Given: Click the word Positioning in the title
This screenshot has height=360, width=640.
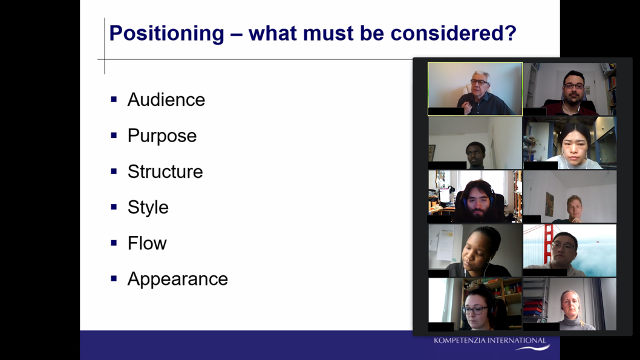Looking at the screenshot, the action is click(166, 33).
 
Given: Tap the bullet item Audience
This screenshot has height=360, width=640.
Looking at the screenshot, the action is click(166, 100).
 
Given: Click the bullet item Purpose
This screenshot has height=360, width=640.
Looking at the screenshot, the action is click(162, 136).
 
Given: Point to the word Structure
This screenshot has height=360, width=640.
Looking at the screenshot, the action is click(165, 171).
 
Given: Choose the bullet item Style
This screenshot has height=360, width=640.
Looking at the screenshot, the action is click(148, 208).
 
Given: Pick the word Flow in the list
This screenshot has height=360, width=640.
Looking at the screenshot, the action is click(147, 243).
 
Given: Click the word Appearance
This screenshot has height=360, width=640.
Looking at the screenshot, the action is click(178, 279).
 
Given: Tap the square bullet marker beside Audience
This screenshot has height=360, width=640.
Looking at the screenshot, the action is click(114, 99).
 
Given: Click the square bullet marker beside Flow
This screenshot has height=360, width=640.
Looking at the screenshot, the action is click(114, 243).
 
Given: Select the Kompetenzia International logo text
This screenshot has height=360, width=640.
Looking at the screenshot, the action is click(490, 341).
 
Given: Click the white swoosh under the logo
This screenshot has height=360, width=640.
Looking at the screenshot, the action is click(533, 348).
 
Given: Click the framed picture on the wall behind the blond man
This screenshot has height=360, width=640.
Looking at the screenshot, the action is click(549, 204).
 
